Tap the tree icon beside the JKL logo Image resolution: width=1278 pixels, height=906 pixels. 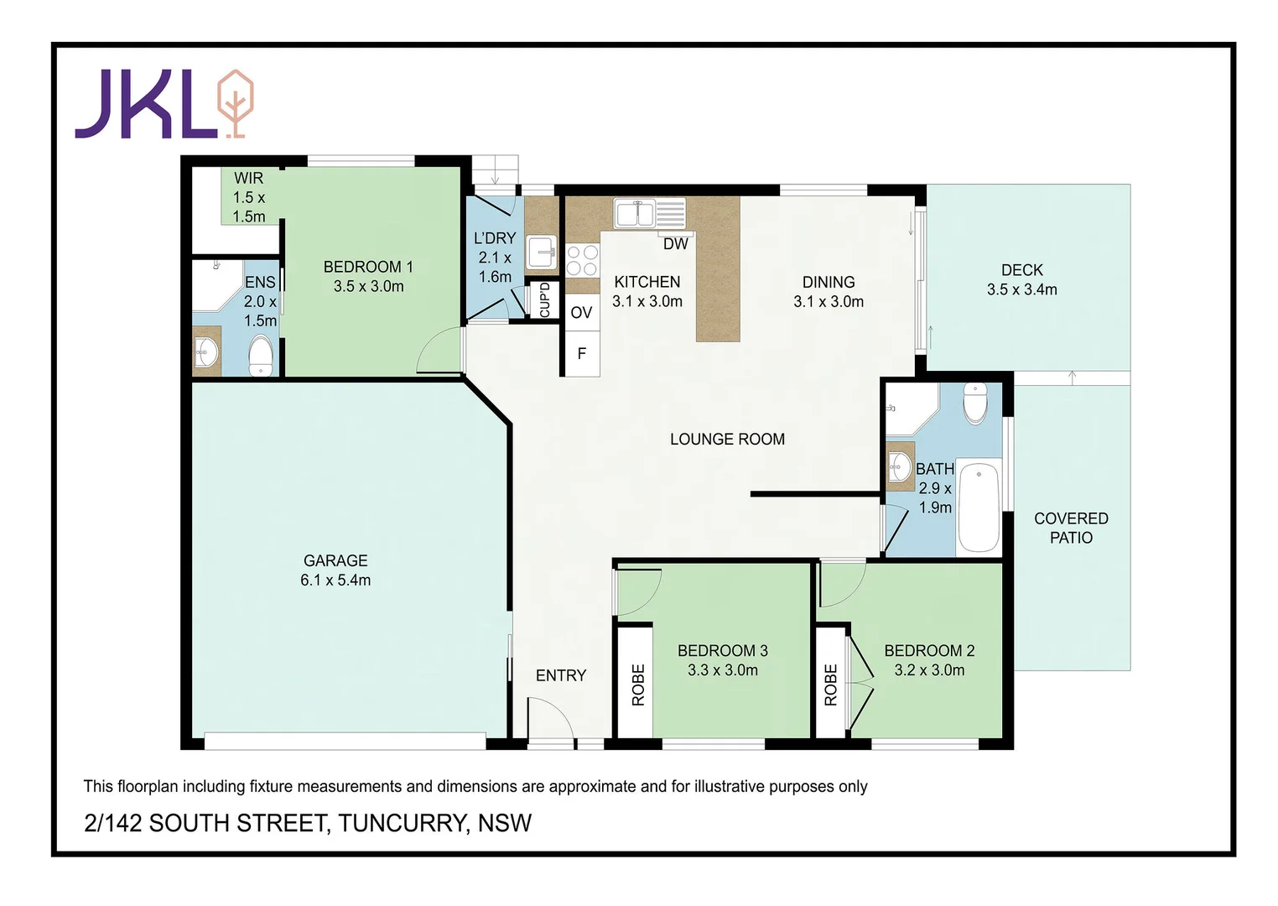236,103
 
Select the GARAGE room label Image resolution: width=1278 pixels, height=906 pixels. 335,560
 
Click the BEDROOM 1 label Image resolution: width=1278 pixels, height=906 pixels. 368,267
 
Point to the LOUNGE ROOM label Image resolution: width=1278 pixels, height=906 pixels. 727,439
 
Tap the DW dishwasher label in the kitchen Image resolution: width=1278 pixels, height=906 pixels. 675,244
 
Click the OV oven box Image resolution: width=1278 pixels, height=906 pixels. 581,313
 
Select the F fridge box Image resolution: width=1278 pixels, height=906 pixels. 581,354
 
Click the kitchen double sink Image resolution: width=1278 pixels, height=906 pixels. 635,214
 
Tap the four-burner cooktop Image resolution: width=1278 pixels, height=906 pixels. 582,260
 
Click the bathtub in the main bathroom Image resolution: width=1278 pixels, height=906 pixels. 979,506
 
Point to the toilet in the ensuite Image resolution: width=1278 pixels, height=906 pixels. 261,357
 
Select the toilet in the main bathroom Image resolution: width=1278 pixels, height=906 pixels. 975,403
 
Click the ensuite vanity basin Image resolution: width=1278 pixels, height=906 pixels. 205,351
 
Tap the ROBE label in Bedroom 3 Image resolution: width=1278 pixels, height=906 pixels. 638,685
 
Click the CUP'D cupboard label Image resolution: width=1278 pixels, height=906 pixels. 544,300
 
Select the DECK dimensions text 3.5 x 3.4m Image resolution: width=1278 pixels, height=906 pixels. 1021,290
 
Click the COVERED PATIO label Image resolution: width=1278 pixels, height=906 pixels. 1071,528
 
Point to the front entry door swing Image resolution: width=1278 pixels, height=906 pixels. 550,720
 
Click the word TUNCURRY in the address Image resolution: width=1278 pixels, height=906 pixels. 402,823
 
